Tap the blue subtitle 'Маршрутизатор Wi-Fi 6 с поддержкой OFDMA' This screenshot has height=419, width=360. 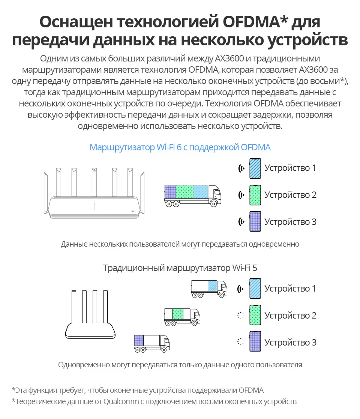pyautogui.click(x=180, y=147)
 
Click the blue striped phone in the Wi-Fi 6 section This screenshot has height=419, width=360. pyautogui.click(x=255, y=168)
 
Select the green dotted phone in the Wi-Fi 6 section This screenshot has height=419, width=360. pyautogui.click(x=255, y=195)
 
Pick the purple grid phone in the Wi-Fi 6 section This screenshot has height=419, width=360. pyautogui.click(x=255, y=222)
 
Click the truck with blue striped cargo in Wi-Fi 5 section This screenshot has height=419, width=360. pyautogui.click(x=209, y=289)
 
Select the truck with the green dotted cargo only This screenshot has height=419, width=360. pyautogui.click(x=182, y=316)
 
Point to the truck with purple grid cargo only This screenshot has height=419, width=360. pyautogui.click(x=151, y=343)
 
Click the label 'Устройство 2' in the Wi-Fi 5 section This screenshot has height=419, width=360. pyautogui.click(x=290, y=316)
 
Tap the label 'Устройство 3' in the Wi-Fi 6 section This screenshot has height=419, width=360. pyautogui.click(x=290, y=222)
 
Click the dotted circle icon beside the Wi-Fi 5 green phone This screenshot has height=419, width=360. pyautogui.click(x=241, y=316)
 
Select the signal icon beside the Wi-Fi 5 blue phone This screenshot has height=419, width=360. pyautogui.click(x=241, y=289)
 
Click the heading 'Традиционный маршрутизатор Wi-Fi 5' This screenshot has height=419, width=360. pyautogui.click(x=180, y=268)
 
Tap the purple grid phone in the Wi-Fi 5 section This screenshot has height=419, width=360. pyautogui.click(x=255, y=342)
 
